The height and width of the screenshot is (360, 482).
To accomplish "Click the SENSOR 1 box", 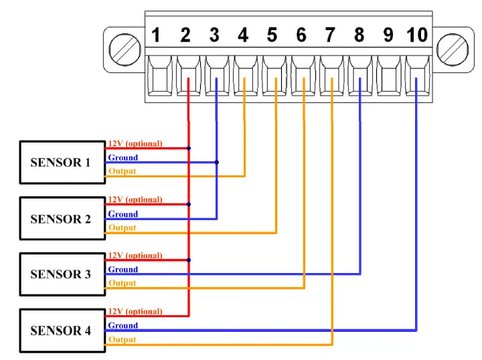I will pyautogui.click(x=61, y=162).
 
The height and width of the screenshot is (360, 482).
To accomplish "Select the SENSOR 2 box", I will pyautogui.click(x=61, y=219).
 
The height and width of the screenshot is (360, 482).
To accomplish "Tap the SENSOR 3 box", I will pyautogui.click(x=61, y=274).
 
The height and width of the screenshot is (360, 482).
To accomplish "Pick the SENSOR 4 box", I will pyautogui.click(x=61, y=331).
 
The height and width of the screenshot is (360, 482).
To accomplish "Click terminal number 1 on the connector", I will pyautogui.click(x=156, y=35).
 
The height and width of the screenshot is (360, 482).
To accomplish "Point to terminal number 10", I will pyautogui.click(x=417, y=35).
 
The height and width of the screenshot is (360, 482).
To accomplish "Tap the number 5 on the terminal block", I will pyautogui.click(x=272, y=35).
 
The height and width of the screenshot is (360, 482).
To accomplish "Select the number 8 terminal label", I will pyautogui.click(x=359, y=35).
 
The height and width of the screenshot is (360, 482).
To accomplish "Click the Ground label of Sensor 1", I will pyautogui.click(x=123, y=158).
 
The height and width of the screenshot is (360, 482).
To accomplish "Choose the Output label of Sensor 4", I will pyautogui.click(x=122, y=339).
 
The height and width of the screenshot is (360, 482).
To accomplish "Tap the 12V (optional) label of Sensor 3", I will pyautogui.click(x=135, y=256).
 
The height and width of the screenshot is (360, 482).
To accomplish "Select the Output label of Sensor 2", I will pyautogui.click(x=122, y=228).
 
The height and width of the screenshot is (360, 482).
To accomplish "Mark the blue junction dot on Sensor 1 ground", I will pyautogui.click(x=216, y=162).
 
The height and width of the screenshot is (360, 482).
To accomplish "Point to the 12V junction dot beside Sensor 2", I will pyautogui.click(x=189, y=204).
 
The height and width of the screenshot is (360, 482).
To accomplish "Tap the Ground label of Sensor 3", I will pyautogui.click(x=123, y=270).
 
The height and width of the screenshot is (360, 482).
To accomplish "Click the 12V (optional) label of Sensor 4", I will pyautogui.click(x=135, y=311).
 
